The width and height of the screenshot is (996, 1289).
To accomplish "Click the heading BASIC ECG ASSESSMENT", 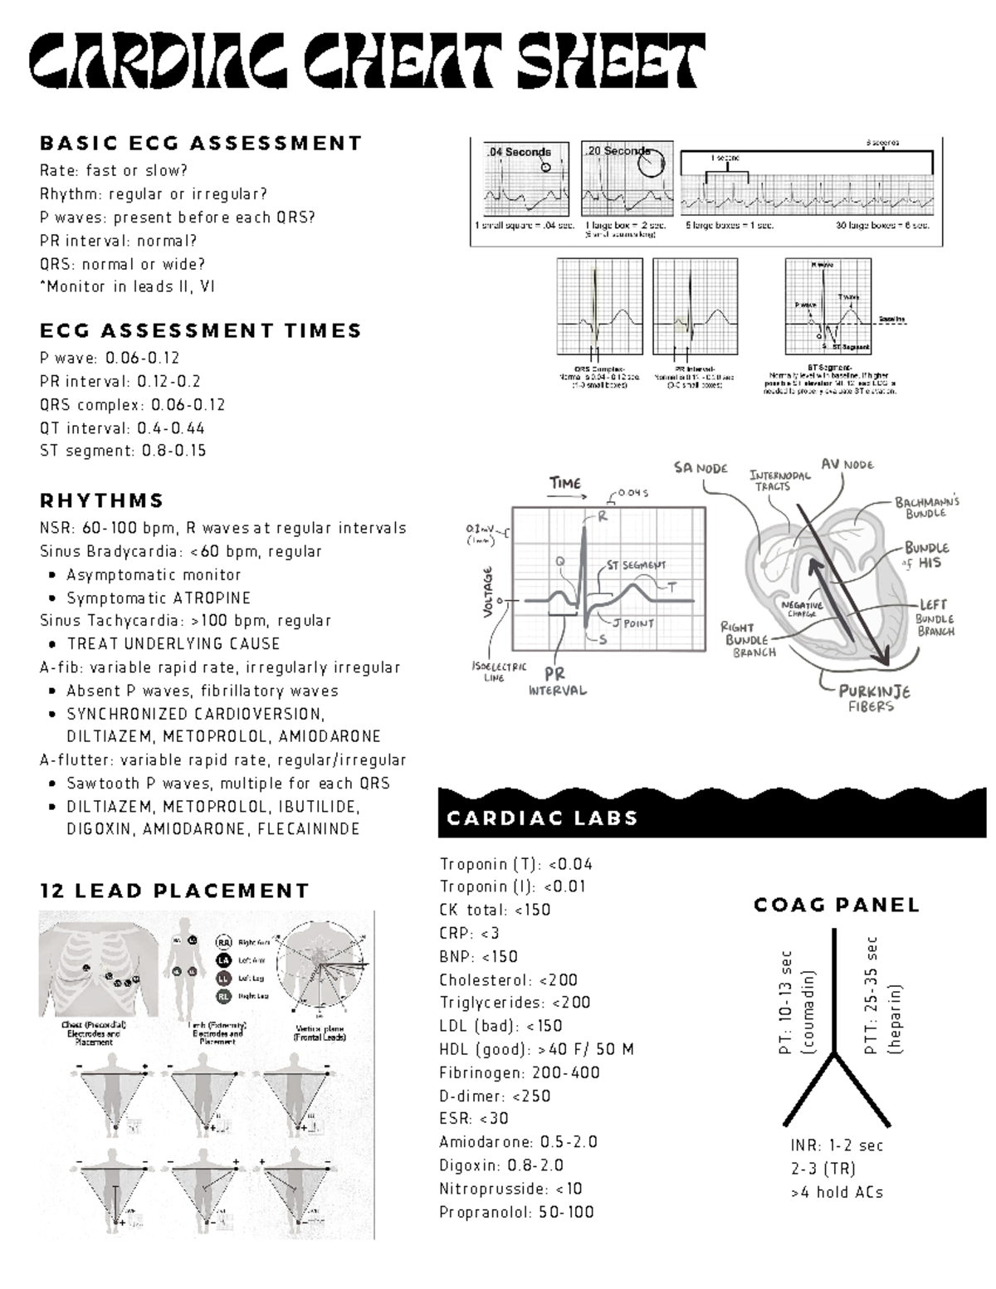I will coord(201,144).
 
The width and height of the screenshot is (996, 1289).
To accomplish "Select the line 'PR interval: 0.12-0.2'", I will coord(120,382).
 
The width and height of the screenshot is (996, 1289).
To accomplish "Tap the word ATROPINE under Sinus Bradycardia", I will coord(212,598).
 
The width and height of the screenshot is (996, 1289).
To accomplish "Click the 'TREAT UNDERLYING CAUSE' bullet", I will coord(173,644).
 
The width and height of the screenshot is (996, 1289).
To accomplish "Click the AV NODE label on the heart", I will coord(847,464).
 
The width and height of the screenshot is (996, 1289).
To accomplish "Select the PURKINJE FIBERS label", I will coord(873,698).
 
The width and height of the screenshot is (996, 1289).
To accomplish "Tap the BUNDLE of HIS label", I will coord(926,555).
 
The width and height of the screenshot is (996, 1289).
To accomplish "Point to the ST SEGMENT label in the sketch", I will coord(636,565).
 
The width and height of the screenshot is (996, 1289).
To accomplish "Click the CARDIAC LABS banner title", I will coord(542,818).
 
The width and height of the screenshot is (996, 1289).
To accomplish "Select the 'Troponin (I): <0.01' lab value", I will coord(512,886).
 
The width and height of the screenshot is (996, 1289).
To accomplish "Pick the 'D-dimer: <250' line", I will coord(495,1096).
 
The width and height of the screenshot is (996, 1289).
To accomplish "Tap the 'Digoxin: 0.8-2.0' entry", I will coord(501,1165).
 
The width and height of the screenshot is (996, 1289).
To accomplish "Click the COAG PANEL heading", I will coord(836,905).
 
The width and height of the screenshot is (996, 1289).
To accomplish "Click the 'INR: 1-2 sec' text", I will coord(837,1145).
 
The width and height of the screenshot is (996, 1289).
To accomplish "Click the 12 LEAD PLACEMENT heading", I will coord(174,891).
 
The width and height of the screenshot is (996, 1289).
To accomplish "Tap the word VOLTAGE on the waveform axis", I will coord(488,591).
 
